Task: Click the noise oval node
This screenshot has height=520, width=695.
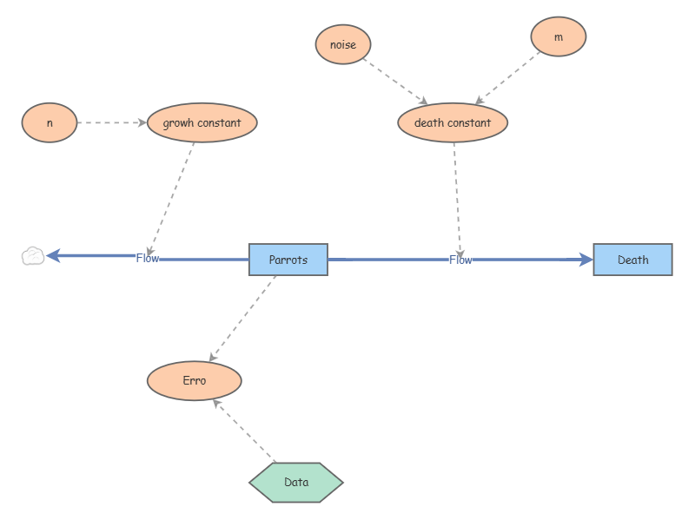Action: point(343,44)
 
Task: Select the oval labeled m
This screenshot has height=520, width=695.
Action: point(558,36)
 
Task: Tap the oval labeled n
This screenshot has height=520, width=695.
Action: point(50,122)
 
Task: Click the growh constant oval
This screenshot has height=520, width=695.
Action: point(202,122)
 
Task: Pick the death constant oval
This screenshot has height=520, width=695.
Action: point(453,122)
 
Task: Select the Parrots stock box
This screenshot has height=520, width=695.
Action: point(288,260)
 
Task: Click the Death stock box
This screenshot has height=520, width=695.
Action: point(633,260)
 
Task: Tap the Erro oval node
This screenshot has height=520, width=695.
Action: point(194,381)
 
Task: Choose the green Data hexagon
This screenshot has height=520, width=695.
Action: point(296,483)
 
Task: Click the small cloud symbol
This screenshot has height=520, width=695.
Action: point(33,256)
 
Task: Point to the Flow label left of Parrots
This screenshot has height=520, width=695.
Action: point(147,258)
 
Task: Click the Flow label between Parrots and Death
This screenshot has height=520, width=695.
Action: point(460,260)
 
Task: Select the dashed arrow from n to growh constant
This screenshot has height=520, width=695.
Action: point(112,122)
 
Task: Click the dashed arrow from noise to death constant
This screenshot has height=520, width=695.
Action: point(395,82)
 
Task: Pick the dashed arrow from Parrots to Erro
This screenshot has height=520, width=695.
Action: point(242,319)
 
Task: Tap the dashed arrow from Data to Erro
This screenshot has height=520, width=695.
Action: point(244,431)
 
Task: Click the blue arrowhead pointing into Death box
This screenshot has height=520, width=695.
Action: point(586,260)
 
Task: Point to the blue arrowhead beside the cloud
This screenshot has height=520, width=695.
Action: point(53,256)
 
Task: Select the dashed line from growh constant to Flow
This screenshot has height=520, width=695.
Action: point(171,200)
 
